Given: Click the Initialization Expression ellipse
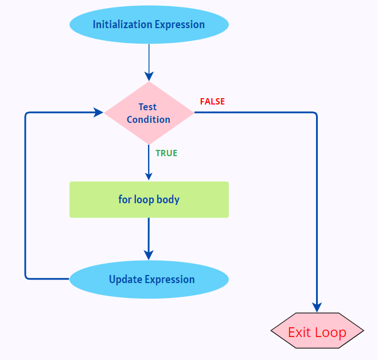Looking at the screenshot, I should [149, 25].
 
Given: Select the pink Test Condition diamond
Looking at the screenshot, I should [149, 113].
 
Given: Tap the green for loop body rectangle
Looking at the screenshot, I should [149, 200].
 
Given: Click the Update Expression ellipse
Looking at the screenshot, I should [149, 280].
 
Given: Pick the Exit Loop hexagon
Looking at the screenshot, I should [317, 332].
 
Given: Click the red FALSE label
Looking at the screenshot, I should [212, 102].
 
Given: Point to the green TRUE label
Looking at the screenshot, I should [166, 153].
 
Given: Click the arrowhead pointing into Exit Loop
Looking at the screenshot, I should [317, 307].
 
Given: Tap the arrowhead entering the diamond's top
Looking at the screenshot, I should [149, 76].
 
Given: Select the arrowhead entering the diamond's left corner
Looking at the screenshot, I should [99, 113].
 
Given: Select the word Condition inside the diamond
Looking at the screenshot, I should [149, 119].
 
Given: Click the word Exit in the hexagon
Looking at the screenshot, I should [299, 332].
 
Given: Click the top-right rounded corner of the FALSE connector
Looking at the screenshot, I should [315, 114].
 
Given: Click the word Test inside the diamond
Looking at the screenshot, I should [147, 107].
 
